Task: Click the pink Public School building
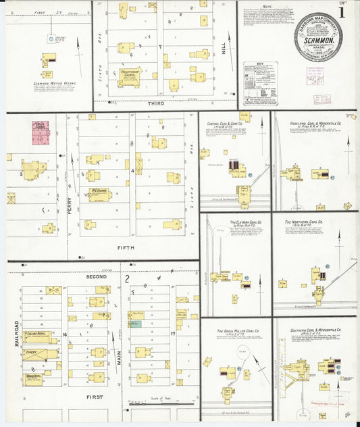[x=41, y=132]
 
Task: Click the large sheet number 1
[x=344, y=11]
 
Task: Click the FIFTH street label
[x=127, y=247]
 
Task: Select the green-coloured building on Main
[x=136, y=324]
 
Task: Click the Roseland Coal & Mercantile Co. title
[x=315, y=123]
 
